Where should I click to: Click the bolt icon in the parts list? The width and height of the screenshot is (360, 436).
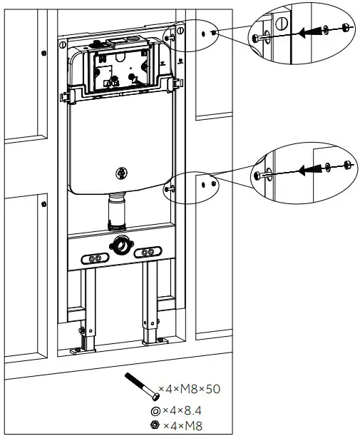coord(141,386)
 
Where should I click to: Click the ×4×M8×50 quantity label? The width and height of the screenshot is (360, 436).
coord(190,389)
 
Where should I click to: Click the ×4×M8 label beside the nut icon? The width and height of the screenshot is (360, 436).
coord(178,425)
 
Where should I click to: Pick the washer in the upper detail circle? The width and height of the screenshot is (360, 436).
coord(326,29)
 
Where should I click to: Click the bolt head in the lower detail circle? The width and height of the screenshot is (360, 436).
coord(257,176)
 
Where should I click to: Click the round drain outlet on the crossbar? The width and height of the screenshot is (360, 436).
coord(119,248)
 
